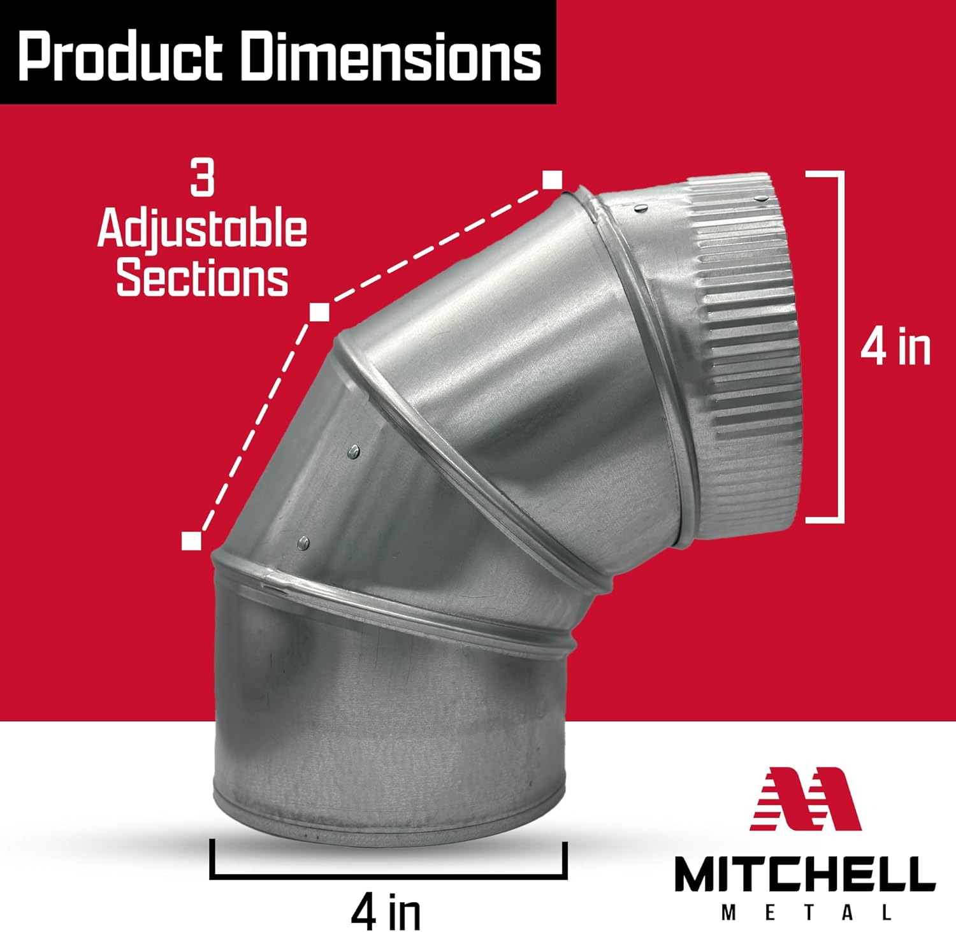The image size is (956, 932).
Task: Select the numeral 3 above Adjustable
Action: click(203, 178)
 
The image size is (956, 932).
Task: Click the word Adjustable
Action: click(202, 231)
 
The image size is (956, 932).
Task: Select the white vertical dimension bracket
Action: click(843, 347)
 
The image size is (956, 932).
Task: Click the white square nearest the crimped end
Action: click(552, 180)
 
